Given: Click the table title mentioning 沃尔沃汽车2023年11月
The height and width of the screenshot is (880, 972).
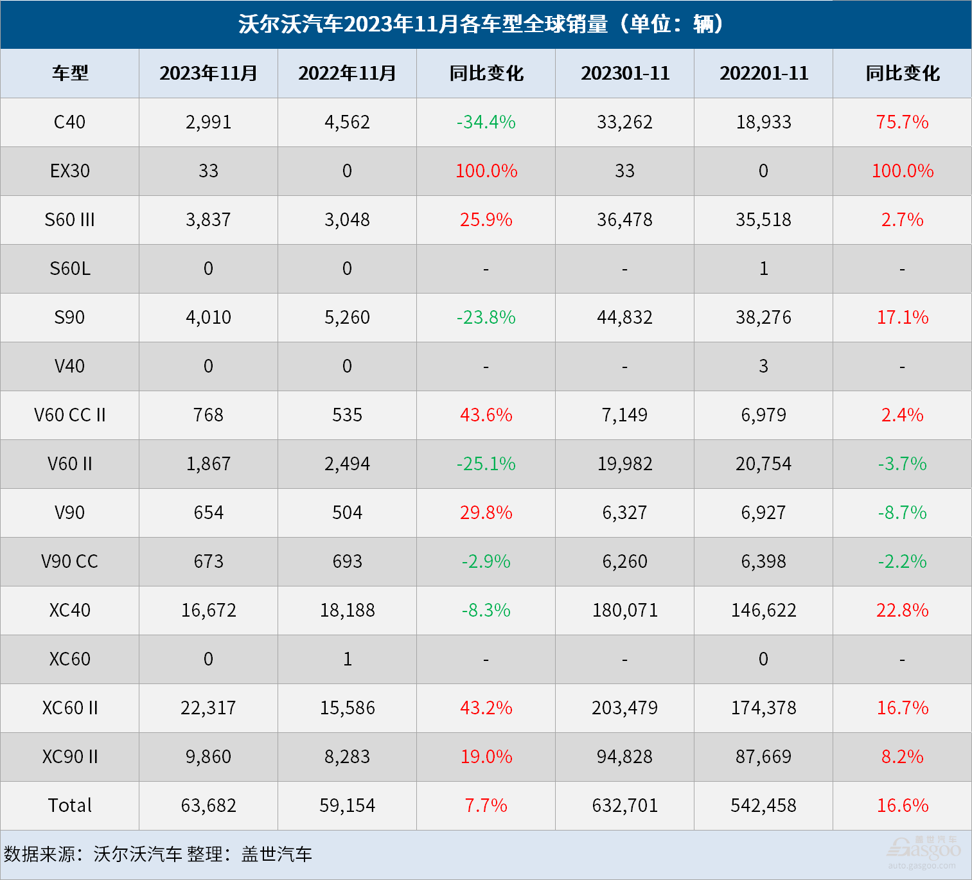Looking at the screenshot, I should point(486,24).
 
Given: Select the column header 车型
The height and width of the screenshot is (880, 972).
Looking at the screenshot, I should point(70,73).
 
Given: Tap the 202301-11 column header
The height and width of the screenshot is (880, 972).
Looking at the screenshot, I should point(625,73).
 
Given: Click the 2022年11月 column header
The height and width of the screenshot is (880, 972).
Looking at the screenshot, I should point(347,73).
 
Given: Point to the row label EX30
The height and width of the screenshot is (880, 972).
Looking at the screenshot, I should point(70,171).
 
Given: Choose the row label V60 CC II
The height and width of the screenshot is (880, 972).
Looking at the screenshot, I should point(70,415).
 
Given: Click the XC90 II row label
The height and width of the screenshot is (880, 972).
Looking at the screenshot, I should point(70,757).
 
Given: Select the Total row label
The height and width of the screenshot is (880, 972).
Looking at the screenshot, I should point(70,805).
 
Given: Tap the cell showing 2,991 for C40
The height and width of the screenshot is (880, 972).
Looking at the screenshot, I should point(208,122).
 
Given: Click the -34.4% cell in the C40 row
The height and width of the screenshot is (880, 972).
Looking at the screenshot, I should point(486,122).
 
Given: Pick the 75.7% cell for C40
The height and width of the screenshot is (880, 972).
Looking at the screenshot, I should point(902,122).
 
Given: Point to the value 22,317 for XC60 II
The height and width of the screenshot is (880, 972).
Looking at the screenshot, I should point(208,708).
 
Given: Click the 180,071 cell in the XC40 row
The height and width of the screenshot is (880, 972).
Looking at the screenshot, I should point(625,610).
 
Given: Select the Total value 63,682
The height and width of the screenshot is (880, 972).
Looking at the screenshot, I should point(208,805).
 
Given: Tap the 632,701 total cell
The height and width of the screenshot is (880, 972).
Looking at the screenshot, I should point(625,805).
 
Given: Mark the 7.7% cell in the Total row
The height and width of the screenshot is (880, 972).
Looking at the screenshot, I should point(486,805).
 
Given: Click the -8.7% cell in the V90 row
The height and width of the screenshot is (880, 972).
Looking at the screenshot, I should point(902,513).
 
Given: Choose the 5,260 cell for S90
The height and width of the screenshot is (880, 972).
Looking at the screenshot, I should point(347,317).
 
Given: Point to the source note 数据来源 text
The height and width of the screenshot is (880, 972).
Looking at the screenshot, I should point(158,854).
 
